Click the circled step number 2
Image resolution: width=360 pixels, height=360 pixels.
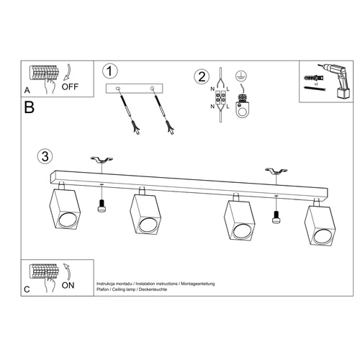(202, 76)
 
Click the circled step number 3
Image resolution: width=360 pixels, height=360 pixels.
(45, 156)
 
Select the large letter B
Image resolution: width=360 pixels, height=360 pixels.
(29, 109)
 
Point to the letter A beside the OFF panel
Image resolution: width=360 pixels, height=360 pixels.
(27, 91)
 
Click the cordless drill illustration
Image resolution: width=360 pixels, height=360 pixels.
(330, 78)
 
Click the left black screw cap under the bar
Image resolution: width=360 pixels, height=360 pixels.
(101, 208)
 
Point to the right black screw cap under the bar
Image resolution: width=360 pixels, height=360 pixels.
(275, 218)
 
